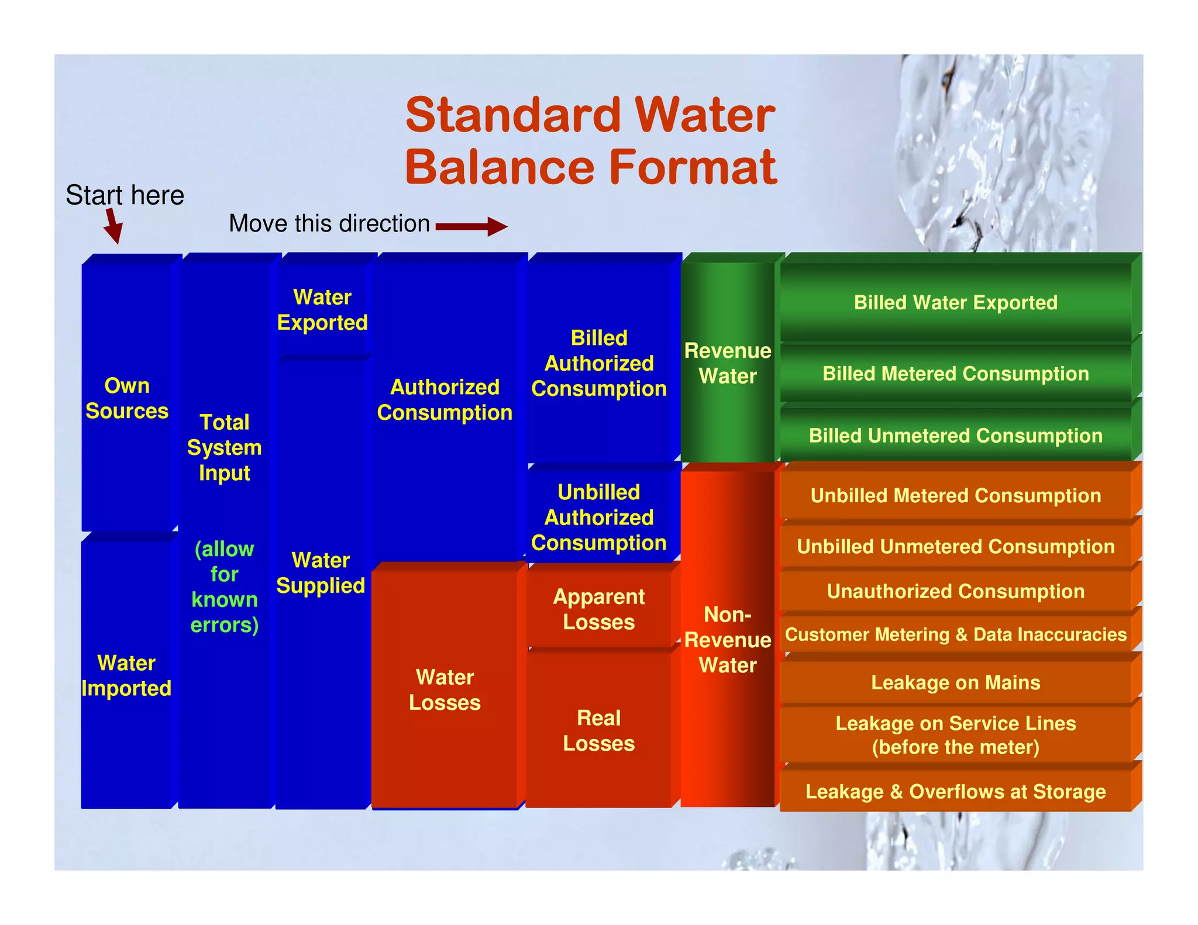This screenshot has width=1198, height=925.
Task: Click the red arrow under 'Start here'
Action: tap(113, 226)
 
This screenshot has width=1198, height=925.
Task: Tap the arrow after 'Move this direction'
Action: tap(471, 226)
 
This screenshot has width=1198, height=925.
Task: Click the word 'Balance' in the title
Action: tap(500, 167)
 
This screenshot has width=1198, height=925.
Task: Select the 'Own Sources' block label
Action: tap(127, 398)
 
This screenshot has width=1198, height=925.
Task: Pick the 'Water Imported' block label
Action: tap(126, 675)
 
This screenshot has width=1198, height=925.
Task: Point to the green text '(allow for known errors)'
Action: tap(225, 586)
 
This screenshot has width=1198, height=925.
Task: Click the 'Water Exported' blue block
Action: tap(322, 310)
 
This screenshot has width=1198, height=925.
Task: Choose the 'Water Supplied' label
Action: tap(321, 573)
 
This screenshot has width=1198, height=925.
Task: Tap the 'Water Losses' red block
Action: tap(445, 689)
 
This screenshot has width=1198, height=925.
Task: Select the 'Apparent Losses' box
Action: tap(598, 609)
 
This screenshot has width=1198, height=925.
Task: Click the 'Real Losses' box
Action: tap(598, 730)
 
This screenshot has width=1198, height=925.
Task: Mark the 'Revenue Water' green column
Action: tap(728, 363)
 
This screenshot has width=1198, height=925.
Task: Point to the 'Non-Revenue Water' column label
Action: tap(728, 640)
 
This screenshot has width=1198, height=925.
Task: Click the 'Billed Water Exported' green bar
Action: tap(955, 302)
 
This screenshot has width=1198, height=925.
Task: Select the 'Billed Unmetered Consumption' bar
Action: tap(955, 436)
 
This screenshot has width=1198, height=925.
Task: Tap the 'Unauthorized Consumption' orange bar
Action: tap(955, 591)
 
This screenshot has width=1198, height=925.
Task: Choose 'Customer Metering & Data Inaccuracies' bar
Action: tap(955, 634)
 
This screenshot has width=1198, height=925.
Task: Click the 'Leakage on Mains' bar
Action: tap(955, 682)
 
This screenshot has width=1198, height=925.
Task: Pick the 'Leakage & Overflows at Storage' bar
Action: tap(955, 791)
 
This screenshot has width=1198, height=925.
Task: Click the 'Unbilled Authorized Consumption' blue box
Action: tap(598, 517)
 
